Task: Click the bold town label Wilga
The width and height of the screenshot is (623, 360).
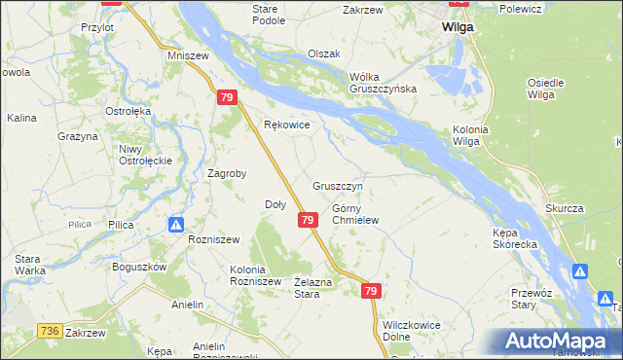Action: (x=457, y=27)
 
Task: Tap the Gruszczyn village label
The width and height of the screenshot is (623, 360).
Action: (x=338, y=185)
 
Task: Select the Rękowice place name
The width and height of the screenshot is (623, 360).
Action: (x=287, y=125)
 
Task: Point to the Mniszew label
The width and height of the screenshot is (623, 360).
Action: (x=189, y=56)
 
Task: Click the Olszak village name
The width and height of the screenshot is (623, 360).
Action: (x=323, y=54)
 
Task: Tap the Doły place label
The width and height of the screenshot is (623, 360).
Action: (x=275, y=204)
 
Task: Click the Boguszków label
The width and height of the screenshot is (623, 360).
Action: (x=141, y=267)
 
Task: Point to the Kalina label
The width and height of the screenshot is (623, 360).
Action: (x=21, y=118)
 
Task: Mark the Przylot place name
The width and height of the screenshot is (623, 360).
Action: (x=98, y=28)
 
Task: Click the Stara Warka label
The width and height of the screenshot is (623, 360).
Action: (x=27, y=265)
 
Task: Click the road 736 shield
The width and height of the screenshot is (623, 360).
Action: (x=52, y=332)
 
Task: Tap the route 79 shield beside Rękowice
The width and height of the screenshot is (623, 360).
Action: (x=226, y=98)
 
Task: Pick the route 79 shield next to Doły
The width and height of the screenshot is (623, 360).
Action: (x=307, y=221)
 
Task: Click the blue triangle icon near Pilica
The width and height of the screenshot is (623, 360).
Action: (x=175, y=225)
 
